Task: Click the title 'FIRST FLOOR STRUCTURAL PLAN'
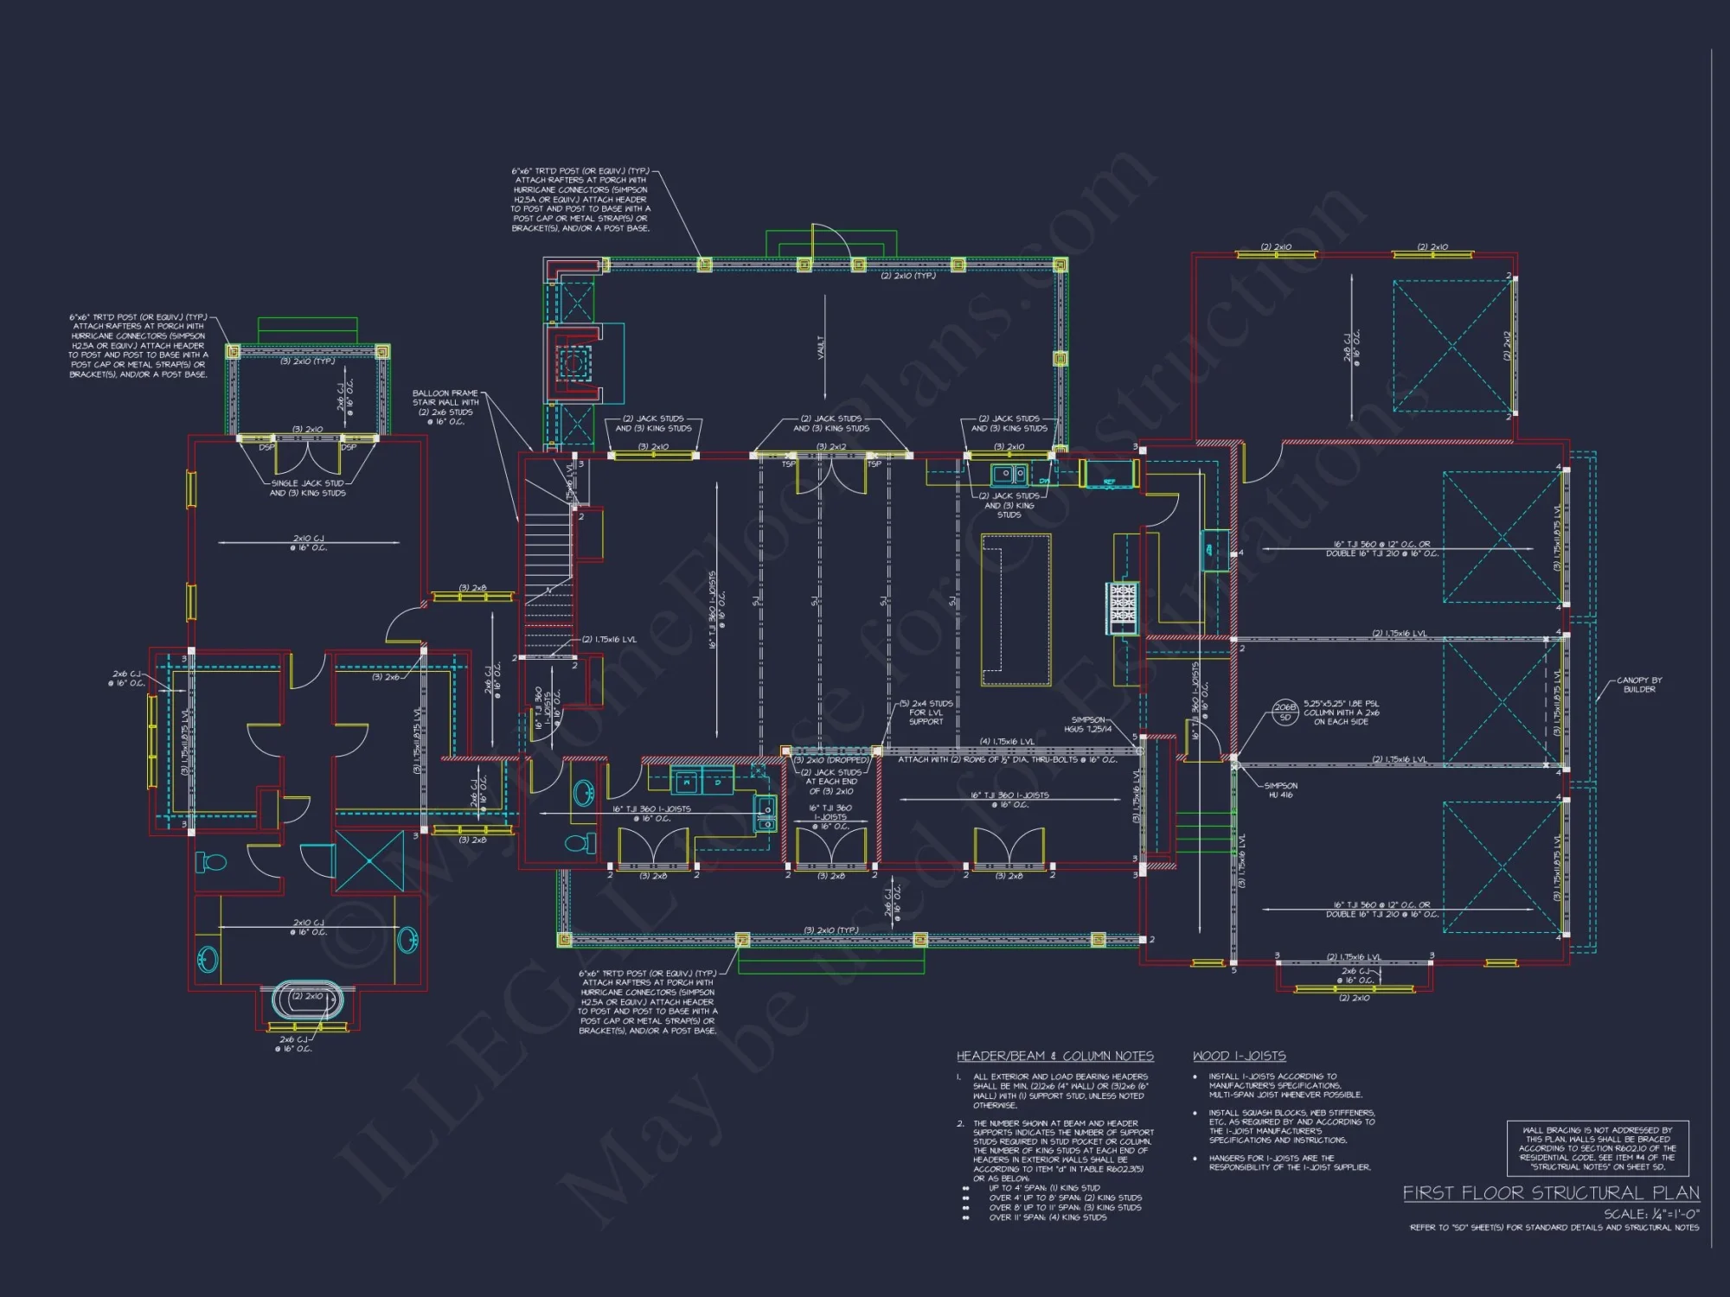click(x=1550, y=1193)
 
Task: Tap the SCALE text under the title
click(x=1650, y=1214)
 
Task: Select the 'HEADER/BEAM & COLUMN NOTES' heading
click(x=1054, y=1056)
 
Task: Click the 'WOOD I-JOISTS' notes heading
click(x=1239, y=1056)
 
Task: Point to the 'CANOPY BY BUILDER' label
click(x=1639, y=685)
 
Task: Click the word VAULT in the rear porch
click(x=821, y=348)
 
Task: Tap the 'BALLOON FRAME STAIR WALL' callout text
click(x=445, y=407)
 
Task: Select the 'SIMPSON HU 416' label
click(x=1280, y=790)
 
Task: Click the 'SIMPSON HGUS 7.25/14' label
click(x=1088, y=725)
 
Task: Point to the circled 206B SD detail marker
click(x=1285, y=712)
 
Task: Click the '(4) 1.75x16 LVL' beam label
click(x=1006, y=741)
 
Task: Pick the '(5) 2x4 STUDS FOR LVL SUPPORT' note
click(x=926, y=712)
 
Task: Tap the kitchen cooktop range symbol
click(x=1122, y=603)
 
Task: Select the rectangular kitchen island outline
click(x=1016, y=610)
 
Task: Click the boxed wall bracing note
click(x=1597, y=1148)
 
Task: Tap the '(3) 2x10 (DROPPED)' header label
click(x=831, y=760)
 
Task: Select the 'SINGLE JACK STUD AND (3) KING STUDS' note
click(x=308, y=489)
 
